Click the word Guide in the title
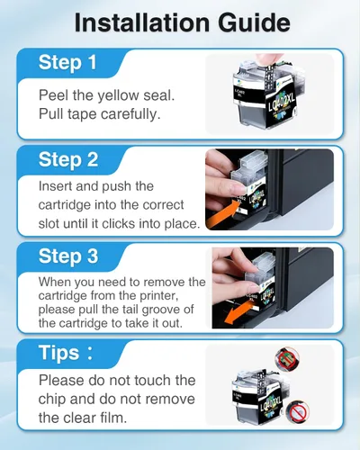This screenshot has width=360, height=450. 254,23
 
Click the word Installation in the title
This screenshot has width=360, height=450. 142,22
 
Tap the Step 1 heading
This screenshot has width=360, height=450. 67,63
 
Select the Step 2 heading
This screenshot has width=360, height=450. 68,159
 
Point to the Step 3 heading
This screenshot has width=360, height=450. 68,256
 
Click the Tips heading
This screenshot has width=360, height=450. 66,353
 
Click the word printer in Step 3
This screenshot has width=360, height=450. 158,296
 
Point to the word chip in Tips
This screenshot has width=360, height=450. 49,400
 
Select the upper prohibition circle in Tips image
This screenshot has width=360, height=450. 287,358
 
